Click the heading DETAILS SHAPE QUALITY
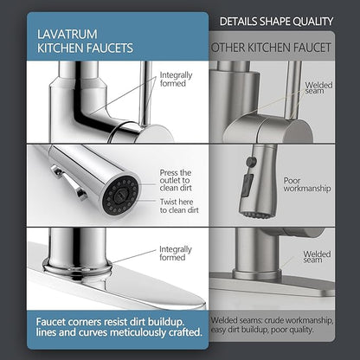point(276,22)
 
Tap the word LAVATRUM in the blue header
point(67,35)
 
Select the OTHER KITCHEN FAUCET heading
point(271,48)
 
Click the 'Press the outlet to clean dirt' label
point(176,180)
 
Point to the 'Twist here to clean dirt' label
point(179,206)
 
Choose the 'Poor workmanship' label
point(307,184)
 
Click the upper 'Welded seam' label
point(318,87)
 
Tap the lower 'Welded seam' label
point(317,257)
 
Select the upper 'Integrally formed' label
point(176,79)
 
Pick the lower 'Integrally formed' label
point(176,254)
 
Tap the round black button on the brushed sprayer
point(251,161)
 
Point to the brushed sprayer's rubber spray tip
point(254,215)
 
